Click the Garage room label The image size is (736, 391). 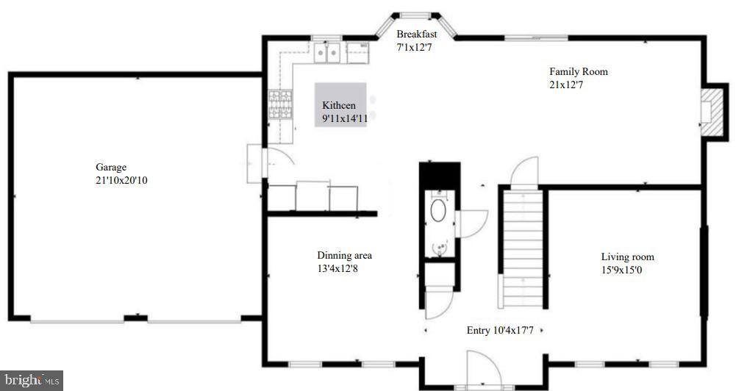coord(111,168)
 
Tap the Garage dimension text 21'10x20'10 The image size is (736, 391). coord(122,180)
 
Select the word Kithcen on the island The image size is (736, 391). coord(339,106)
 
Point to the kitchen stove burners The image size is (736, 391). coord(279,105)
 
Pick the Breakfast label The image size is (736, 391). coord(417,35)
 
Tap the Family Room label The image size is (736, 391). coord(579,72)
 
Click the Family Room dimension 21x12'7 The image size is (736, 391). coord(566,85)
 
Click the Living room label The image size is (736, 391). coord(627,257)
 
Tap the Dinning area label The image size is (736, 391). coord(344,256)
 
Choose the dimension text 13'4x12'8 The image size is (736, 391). coord(338,268)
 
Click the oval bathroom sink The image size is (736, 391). coord(438,212)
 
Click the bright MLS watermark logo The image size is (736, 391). coord(32,380)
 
